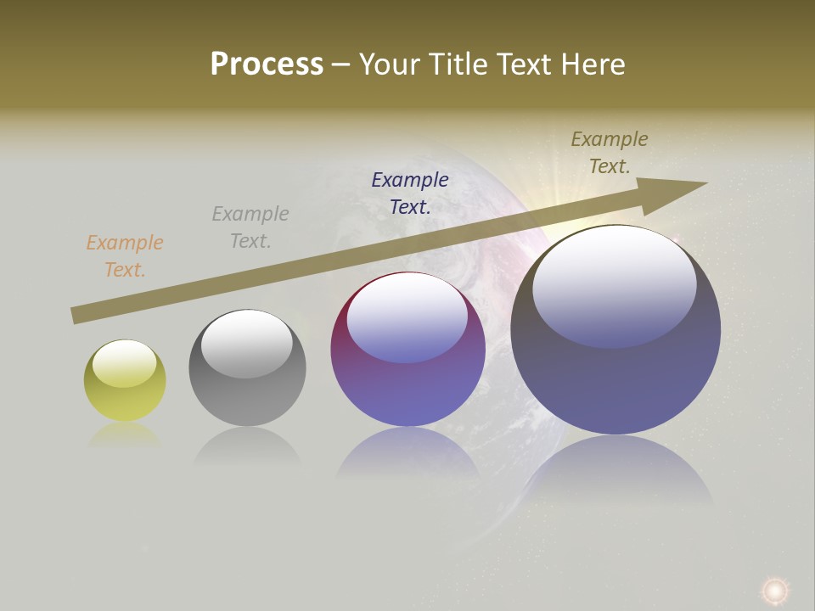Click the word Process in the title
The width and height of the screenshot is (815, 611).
tap(267, 64)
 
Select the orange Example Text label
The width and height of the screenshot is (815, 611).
tap(125, 256)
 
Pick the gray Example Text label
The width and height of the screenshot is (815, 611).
tap(250, 227)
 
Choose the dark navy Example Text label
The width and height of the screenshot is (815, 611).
tap(410, 193)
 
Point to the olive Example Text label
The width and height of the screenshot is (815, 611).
tap(610, 153)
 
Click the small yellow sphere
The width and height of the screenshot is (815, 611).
tap(125, 390)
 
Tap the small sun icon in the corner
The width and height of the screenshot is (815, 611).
tap(774, 590)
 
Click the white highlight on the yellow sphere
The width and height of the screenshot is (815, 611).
tap(124, 363)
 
